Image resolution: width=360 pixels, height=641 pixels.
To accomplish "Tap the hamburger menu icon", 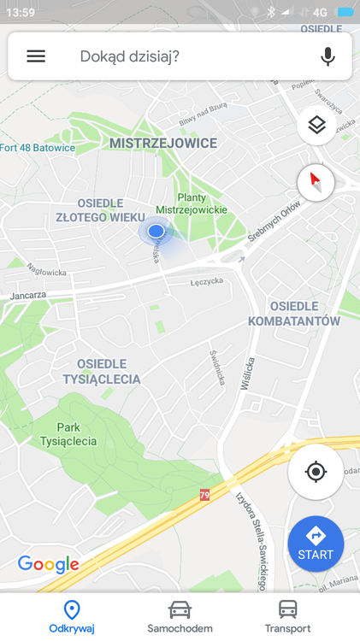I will pyautogui.click(x=36, y=56).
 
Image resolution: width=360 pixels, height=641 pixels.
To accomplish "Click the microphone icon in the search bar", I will pyautogui.click(x=328, y=56).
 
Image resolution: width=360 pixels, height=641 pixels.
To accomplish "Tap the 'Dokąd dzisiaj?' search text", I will pyautogui.click(x=129, y=56).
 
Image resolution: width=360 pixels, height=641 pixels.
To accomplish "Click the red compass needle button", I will pyautogui.click(x=316, y=182).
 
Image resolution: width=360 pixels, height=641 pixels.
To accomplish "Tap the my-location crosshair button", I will pyautogui.click(x=316, y=472).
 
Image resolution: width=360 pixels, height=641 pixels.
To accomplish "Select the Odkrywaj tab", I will pyautogui.click(x=72, y=615).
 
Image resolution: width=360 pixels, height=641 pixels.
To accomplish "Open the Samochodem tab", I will pyautogui.click(x=180, y=615).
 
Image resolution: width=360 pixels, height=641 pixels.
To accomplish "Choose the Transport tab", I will pyautogui.click(x=288, y=615).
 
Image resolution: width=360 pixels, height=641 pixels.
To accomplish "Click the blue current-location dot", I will pyautogui.click(x=156, y=231).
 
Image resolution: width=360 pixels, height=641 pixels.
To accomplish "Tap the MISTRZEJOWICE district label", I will pyautogui.click(x=163, y=144).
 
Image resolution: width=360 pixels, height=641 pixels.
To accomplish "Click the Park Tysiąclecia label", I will pyautogui.click(x=68, y=434).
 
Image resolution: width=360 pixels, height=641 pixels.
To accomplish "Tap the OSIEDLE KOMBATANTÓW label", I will pyautogui.click(x=293, y=314).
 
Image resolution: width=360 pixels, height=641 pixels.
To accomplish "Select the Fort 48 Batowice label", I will pyautogui.click(x=38, y=148).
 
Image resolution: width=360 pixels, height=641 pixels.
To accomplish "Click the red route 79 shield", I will pyautogui.click(x=204, y=494).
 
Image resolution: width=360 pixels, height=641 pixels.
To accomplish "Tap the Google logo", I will pyautogui.click(x=49, y=564).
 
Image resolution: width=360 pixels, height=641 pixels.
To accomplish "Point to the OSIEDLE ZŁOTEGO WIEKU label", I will pyautogui.click(x=101, y=210).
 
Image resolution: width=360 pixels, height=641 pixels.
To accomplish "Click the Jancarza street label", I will pyautogui.click(x=28, y=296).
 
